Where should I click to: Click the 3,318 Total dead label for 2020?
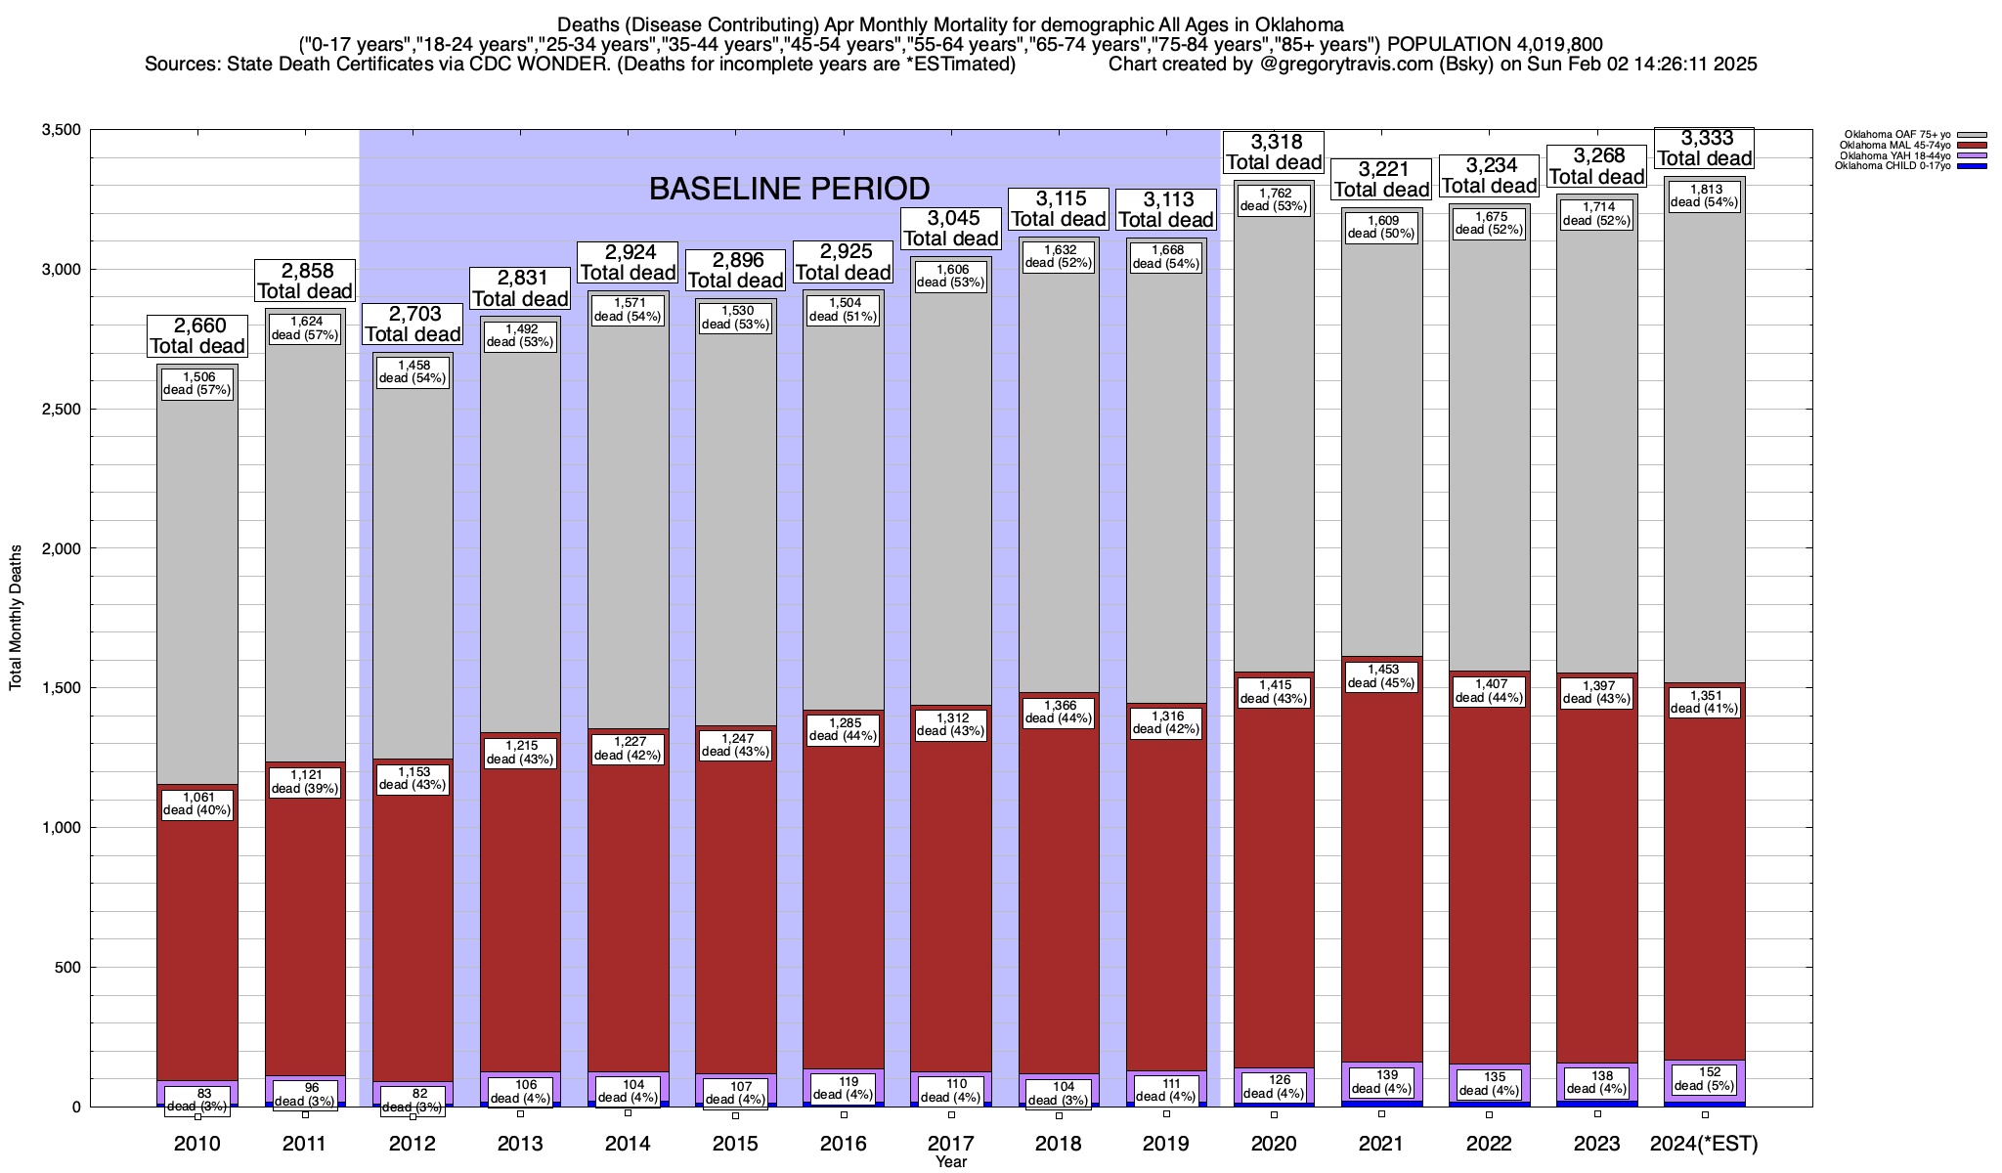point(1274,152)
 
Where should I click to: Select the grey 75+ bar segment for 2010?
point(197,586)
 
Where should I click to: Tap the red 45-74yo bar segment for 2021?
point(1381,880)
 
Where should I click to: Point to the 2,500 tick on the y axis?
point(61,410)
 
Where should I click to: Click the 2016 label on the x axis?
point(843,1144)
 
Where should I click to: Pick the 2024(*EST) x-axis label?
point(1704,1144)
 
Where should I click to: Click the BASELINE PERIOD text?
point(789,188)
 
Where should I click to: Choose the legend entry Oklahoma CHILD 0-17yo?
point(1893,165)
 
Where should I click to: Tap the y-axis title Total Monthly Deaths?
point(16,618)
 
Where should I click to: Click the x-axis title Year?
point(950,1162)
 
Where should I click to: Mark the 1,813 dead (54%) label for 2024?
point(1704,195)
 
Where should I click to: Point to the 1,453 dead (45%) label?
point(1381,676)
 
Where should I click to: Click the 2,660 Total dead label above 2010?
point(197,335)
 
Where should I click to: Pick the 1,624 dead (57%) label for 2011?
point(305,328)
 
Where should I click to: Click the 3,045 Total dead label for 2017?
point(950,229)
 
